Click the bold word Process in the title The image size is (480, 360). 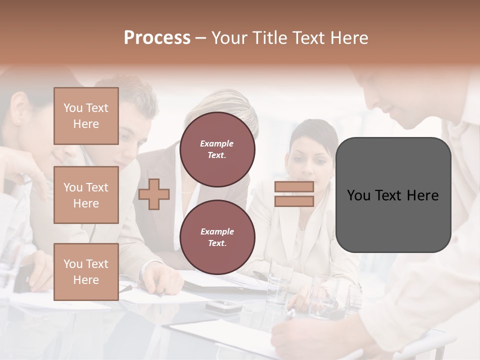pyautogui.click(x=157, y=38)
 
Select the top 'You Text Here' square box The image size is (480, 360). pyautogui.click(x=86, y=116)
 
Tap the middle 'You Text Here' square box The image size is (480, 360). pyautogui.click(x=86, y=195)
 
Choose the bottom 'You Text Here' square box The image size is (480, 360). pyautogui.click(x=86, y=272)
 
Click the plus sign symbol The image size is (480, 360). pyautogui.click(x=154, y=194)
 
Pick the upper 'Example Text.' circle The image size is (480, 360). pyautogui.click(x=217, y=149)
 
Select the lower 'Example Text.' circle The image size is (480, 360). pyautogui.click(x=217, y=237)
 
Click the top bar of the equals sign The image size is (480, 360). pyautogui.click(x=294, y=186)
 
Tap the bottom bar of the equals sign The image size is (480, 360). pyautogui.click(x=294, y=201)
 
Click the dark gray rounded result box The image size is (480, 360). pyautogui.click(x=393, y=195)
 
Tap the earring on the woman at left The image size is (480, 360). pyautogui.click(x=19, y=120)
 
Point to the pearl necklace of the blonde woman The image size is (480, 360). pyautogui.click(x=186, y=191)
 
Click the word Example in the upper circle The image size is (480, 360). pyautogui.click(x=216, y=143)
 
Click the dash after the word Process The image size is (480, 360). pyautogui.click(x=200, y=38)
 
